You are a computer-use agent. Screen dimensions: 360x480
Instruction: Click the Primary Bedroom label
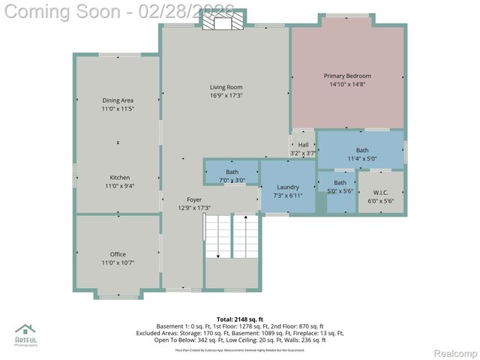tap(347, 76)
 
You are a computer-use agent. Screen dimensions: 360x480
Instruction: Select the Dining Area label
tap(118, 100)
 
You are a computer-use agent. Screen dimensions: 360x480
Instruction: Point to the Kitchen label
tap(118, 178)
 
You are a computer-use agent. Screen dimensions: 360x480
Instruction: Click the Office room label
tap(118, 254)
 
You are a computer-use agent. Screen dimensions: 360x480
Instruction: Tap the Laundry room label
tap(288, 187)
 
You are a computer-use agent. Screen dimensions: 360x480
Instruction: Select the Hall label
tap(303, 145)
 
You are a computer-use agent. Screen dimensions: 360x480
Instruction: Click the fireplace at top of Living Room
tap(223, 23)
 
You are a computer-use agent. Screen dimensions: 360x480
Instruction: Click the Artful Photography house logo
tap(25, 330)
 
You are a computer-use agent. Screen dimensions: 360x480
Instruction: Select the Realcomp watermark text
tap(456, 353)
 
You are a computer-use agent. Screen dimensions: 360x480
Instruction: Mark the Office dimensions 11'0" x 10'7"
tap(118, 262)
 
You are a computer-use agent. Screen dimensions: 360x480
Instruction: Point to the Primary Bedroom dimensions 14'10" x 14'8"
tap(347, 84)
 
